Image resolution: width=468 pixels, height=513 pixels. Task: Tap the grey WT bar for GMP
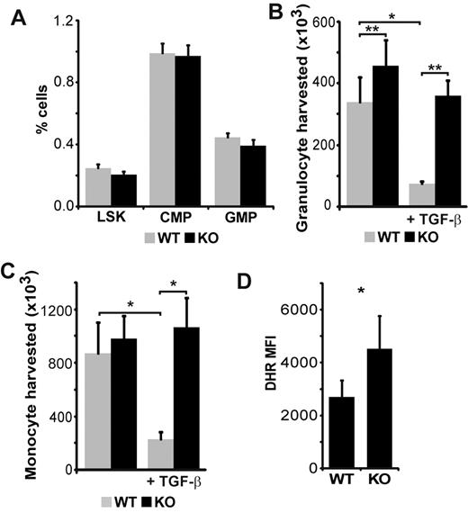point(230,172)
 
